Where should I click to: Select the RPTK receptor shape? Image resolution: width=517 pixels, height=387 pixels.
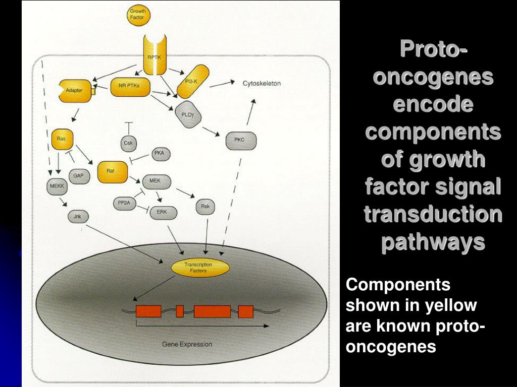(x=153, y=56)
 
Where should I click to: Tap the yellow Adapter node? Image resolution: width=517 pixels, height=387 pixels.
(x=75, y=90)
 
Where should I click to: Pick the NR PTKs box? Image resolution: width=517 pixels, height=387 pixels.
(x=131, y=86)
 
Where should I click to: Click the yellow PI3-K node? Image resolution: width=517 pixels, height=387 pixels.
(x=192, y=80)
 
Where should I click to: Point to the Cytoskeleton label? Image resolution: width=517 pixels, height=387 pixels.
(x=262, y=83)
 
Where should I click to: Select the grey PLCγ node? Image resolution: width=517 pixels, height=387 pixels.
(x=188, y=114)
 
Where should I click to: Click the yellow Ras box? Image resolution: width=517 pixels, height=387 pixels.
(x=63, y=140)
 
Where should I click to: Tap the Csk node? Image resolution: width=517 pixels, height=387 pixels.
(x=129, y=144)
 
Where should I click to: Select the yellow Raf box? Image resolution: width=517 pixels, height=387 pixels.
(x=111, y=171)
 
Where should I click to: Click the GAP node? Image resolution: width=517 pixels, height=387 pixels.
(x=79, y=176)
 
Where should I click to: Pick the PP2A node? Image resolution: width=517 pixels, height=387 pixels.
(x=124, y=203)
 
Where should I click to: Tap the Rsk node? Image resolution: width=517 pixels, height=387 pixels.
(x=205, y=207)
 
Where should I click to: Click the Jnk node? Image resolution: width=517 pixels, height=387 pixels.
(x=78, y=217)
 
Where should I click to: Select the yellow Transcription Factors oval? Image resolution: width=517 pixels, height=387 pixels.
(x=198, y=268)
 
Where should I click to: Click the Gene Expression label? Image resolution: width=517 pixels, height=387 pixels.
(x=187, y=344)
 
